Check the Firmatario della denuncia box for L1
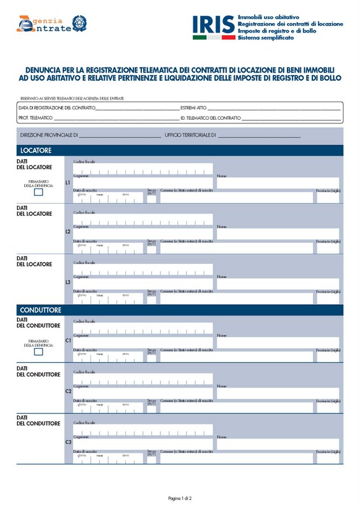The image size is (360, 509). tap(38, 191)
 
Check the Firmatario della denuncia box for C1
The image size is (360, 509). tap(38, 351)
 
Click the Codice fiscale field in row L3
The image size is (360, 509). tap(143, 269)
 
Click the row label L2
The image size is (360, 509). tap(68, 232)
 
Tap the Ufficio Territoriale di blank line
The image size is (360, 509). tap(259, 136)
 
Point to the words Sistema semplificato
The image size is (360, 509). tap(266, 38)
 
